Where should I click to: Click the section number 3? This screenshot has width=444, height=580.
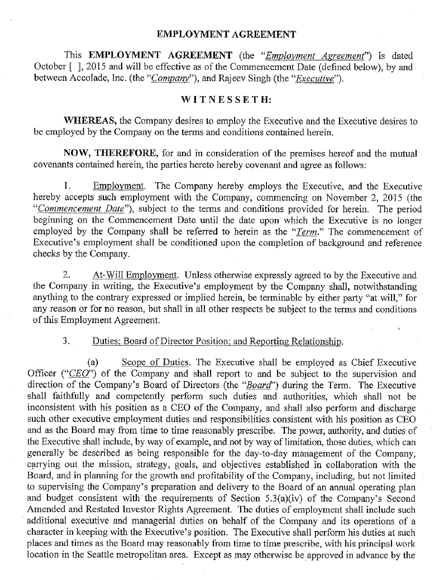65,340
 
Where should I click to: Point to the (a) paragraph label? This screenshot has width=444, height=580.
93,362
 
